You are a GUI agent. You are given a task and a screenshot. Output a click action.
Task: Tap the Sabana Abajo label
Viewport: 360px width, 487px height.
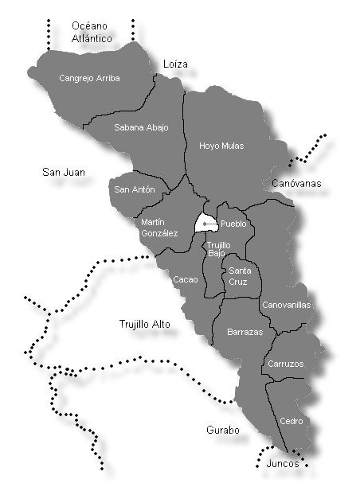[141, 127]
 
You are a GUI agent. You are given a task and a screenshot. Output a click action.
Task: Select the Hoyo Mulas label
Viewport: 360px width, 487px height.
[221, 146]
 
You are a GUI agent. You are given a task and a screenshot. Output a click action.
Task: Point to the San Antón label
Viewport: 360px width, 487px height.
[134, 189]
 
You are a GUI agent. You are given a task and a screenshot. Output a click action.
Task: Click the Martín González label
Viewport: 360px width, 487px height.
[159, 228]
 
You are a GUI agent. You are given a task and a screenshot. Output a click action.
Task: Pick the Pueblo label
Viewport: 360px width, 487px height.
[235, 224]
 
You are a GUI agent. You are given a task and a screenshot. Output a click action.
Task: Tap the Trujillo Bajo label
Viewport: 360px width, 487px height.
[219, 250]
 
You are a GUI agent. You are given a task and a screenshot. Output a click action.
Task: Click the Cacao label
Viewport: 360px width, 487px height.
[185, 279]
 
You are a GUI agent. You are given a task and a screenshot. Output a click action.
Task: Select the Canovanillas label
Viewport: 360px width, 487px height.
[286, 305]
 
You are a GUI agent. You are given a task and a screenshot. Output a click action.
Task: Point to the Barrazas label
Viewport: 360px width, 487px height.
[245, 332]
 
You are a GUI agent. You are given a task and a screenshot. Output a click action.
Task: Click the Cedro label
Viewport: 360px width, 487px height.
[290, 420]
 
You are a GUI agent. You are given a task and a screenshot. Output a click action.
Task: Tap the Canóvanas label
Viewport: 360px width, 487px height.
[296, 184]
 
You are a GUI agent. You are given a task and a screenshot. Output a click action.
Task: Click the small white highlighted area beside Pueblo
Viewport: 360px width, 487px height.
[206, 224]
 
